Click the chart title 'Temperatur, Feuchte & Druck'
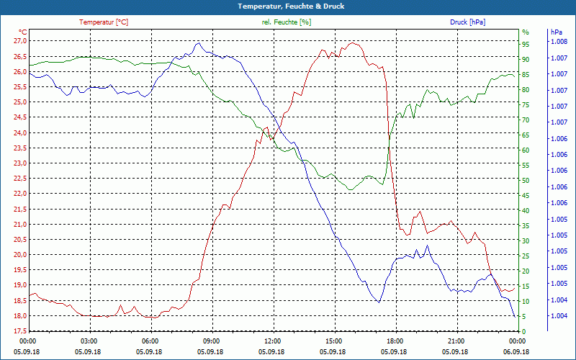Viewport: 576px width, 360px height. point(291,6)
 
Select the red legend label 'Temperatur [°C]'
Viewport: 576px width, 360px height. point(104,22)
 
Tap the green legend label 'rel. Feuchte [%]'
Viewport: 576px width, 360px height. point(287,22)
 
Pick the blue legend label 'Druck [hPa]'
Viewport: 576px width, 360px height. point(467,22)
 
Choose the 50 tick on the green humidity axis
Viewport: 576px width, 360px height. point(526,180)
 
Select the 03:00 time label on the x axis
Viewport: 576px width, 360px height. point(89,341)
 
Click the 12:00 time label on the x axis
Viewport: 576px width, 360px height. point(272,341)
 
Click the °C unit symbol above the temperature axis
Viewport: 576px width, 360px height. point(23,32)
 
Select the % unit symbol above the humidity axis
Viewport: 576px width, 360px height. point(526,32)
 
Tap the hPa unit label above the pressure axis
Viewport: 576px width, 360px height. point(556,32)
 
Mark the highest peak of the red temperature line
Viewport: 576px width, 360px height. point(351,42)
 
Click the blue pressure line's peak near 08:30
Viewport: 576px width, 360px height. point(198,43)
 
